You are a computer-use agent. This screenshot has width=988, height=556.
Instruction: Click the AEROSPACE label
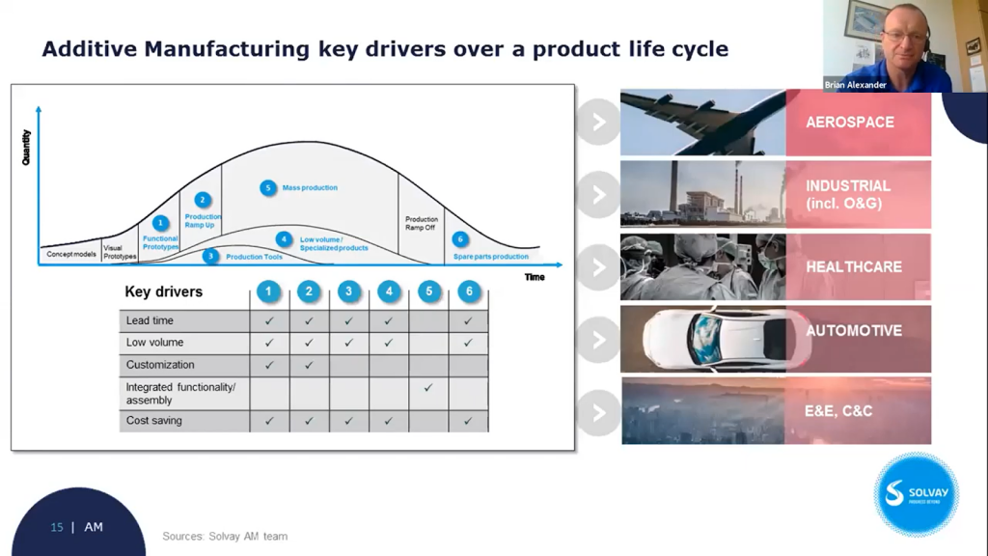tap(849, 123)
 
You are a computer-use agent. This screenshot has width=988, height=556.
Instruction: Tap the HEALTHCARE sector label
tap(853, 266)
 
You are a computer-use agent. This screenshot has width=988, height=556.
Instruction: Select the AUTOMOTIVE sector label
tap(853, 330)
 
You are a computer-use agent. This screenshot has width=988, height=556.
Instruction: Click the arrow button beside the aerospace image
tap(598, 123)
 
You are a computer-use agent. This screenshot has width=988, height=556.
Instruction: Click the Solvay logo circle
tap(916, 493)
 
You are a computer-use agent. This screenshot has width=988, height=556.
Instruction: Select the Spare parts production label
tap(490, 257)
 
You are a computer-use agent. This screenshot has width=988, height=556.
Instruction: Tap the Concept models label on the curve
tap(71, 254)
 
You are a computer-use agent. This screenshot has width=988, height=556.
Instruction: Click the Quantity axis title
tap(26, 147)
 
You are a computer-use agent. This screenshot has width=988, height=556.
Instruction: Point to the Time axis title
tap(534, 277)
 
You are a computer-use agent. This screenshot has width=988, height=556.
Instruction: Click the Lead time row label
tap(150, 320)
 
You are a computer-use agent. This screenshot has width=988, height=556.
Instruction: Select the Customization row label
tap(159, 365)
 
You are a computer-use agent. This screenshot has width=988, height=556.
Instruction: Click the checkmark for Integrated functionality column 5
tap(428, 388)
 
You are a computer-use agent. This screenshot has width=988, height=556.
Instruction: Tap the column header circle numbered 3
tap(348, 292)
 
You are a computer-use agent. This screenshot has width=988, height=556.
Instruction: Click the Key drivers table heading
tap(163, 292)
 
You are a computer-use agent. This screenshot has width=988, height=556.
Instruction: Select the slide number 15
tap(57, 527)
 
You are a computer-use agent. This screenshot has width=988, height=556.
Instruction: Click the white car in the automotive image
tap(714, 339)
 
